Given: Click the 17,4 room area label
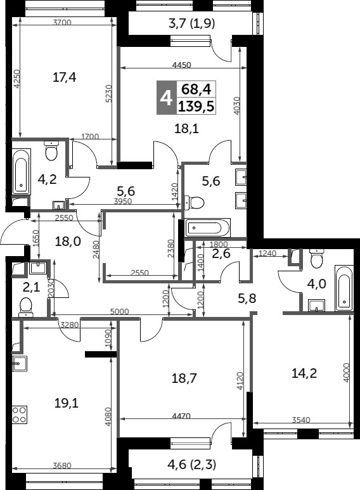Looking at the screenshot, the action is pos(65,77).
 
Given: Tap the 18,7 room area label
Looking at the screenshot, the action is pos(184,378).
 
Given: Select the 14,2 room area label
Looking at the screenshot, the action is pos(304,373).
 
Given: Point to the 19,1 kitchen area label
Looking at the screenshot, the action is pos(67,403).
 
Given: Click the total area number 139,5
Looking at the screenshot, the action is pos(196,106).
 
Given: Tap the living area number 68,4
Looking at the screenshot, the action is pos(196,89).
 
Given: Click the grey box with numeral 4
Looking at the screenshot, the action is pos(166,98).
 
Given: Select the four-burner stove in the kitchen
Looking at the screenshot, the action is pos(20,415).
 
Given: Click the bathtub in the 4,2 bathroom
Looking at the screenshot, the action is pos(22,172).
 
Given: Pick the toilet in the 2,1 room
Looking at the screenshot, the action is pos(25,307).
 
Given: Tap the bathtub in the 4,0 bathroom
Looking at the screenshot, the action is pos(344,288).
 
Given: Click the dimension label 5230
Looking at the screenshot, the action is pos(108,93).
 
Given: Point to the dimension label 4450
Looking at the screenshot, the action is pos(181,65).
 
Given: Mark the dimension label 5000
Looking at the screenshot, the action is pos(120,312).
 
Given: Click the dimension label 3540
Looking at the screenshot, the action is pos(301,420).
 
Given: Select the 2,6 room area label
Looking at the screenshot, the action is pos(221,254).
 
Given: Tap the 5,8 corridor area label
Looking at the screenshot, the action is pos(247,298).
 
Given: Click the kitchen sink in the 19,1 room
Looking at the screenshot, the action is pos(20,363).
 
